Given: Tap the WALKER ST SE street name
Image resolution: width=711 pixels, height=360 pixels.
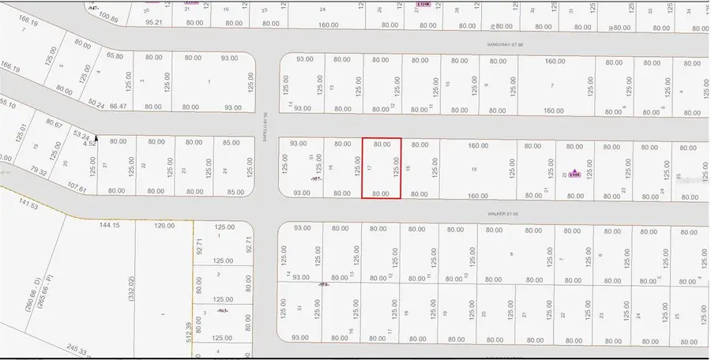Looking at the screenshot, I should point(502,214).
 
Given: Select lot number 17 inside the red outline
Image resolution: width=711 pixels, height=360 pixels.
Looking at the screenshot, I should point(370,168).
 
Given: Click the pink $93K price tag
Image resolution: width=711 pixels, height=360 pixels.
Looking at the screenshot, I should point(575,174).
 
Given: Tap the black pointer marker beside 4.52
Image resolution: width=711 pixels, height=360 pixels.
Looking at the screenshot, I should point(96,138).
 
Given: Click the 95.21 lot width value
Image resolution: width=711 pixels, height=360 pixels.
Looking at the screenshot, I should point(154,23).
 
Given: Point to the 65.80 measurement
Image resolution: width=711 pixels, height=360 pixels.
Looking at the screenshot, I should point(115,57).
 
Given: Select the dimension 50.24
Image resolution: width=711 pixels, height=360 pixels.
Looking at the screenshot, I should point(97,103).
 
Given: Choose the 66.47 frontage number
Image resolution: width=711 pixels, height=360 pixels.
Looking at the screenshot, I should point(117,107).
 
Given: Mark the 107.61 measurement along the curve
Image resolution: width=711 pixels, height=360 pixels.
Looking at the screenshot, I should point(77,188).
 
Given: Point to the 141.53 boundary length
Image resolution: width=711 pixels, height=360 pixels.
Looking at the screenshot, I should point(28,204).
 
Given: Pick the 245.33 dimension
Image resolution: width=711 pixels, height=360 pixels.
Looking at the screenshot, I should point(76,349).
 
